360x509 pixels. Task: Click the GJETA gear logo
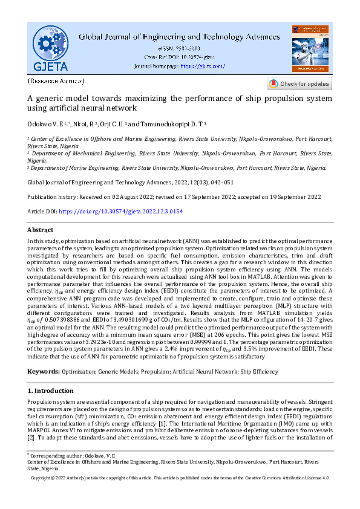(50, 48)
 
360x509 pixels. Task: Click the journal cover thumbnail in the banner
(310, 48)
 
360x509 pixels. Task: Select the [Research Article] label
(56, 80)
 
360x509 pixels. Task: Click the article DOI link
(121, 212)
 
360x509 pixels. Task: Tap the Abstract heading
(41, 230)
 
